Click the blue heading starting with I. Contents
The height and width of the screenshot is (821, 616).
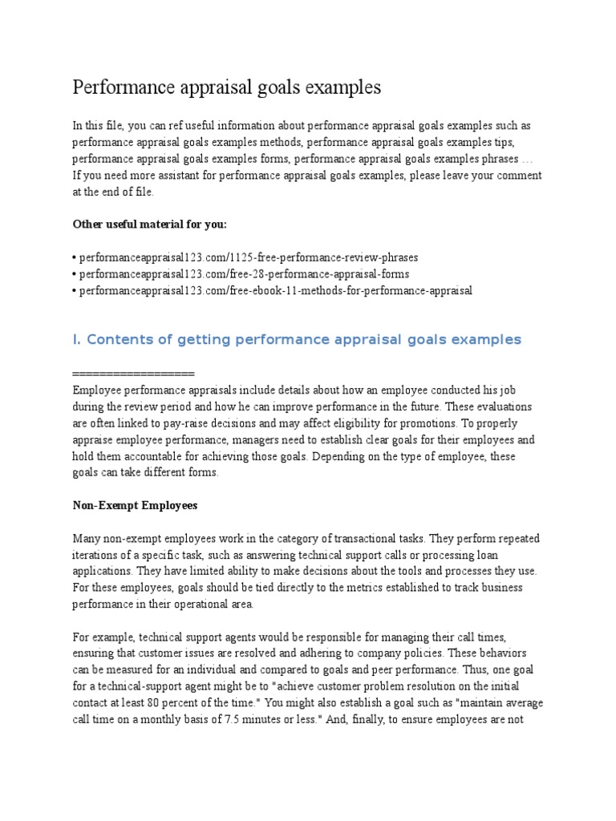[296, 340]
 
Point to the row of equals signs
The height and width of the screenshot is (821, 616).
[133, 374]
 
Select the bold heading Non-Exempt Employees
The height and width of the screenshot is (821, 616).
[135, 506]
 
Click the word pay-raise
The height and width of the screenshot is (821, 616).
[187, 423]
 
